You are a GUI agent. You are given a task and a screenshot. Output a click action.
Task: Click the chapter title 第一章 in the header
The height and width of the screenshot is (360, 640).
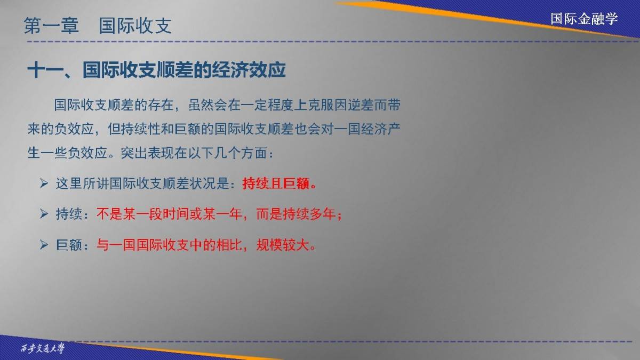click(x=51, y=26)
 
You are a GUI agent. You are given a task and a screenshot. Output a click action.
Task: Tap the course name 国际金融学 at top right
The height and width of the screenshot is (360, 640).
click(x=585, y=19)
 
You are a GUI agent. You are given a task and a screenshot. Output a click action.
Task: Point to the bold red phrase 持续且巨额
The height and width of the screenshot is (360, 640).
click(x=276, y=183)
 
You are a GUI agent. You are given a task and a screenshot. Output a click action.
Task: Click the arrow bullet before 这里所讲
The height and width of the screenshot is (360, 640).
click(x=44, y=183)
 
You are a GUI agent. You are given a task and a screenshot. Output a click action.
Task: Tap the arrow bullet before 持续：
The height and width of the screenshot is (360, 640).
click(x=44, y=214)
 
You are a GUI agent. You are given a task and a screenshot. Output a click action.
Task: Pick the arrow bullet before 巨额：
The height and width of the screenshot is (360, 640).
click(x=44, y=245)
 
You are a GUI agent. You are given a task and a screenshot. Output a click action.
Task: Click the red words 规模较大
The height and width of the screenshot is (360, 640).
click(x=283, y=245)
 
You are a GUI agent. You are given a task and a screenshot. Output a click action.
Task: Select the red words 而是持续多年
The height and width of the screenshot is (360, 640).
click(x=296, y=214)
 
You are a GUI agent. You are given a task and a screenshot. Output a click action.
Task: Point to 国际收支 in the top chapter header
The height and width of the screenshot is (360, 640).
click(x=135, y=26)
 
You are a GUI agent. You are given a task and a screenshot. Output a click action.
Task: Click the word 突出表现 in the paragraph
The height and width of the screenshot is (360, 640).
click(x=147, y=153)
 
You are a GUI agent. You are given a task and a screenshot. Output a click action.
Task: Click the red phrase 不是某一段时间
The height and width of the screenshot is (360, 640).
click(x=143, y=214)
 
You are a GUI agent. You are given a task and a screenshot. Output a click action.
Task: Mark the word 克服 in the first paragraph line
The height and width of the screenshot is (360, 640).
click(x=321, y=105)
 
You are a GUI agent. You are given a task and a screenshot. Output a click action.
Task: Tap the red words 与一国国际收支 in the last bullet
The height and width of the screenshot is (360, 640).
click(x=143, y=245)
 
